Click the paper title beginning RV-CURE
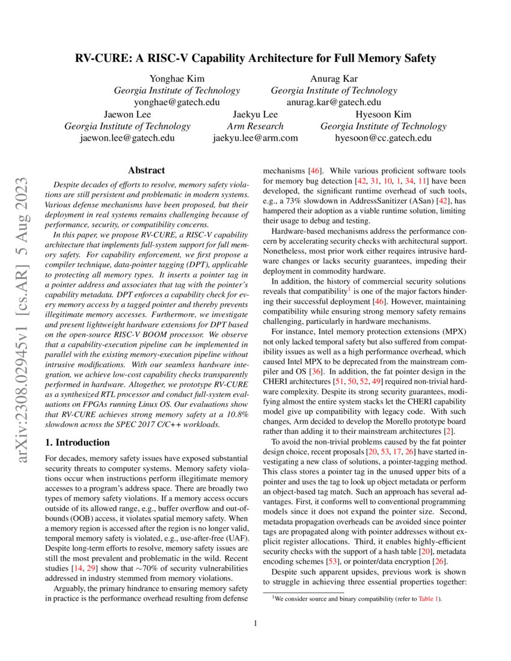coord(255,58)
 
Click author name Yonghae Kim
coord(177,79)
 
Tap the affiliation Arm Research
coord(255,126)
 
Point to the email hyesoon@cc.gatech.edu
coord(383,138)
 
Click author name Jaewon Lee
coord(127,114)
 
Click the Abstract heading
coord(147,171)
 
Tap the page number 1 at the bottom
coord(255,623)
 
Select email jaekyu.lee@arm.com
coord(255,138)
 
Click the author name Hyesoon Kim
coord(383,114)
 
